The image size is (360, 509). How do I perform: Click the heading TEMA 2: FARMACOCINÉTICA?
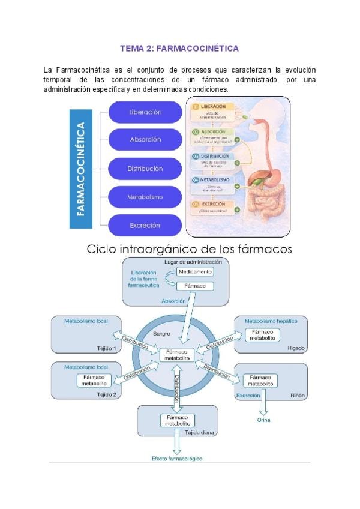pyautogui.click(x=179, y=48)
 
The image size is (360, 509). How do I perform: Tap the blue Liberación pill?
pyautogui.click(x=145, y=112)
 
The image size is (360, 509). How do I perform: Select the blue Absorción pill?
pyautogui.click(x=145, y=139)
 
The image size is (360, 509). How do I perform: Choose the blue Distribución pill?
pyautogui.click(x=145, y=169)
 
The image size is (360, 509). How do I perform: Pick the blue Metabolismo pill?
pyautogui.click(x=145, y=196)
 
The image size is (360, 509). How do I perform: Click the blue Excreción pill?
pyautogui.click(x=145, y=225)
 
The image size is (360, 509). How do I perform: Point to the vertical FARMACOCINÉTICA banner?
pyautogui.click(x=88, y=169)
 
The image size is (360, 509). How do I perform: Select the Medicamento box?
pyautogui.click(x=194, y=272)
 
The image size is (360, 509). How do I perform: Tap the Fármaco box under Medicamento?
pyautogui.click(x=194, y=286)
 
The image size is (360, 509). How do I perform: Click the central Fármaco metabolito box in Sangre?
pyautogui.click(x=176, y=354)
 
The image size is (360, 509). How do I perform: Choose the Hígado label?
pyautogui.click(x=296, y=348)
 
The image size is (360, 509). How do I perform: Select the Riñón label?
pyautogui.click(x=298, y=396)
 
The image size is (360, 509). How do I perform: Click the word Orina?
pyautogui.click(x=264, y=420)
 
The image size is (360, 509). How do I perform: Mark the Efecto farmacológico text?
pyautogui.click(x=176, y=459)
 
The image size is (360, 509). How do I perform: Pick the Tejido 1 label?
pyautogui.click(x=106, y=348)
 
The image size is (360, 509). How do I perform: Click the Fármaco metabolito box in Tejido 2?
pyautogui.click(x=94, y=379)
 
